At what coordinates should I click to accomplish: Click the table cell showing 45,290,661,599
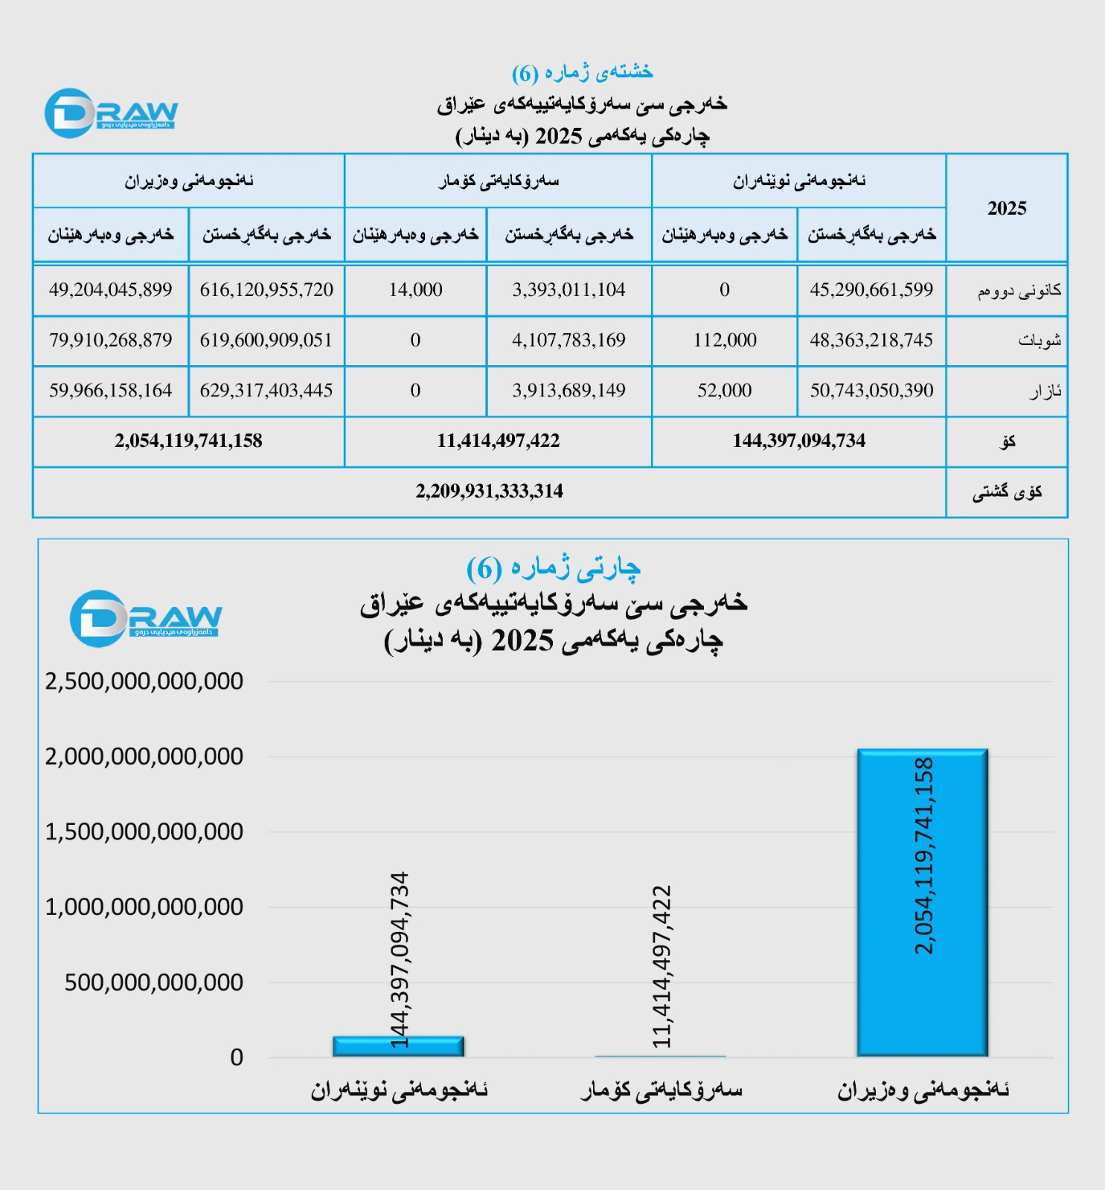[x=871, y=290]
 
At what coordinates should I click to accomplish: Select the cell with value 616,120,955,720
[x=266, y=290]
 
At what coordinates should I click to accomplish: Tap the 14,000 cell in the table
[x=415, y=290]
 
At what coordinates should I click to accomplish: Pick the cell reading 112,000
[x=725, y=341]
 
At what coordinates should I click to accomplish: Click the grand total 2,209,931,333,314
[x=489, y=492]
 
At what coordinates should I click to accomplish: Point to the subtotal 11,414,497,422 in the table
[x=498, y=441]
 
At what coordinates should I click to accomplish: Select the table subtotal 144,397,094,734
[x=798, y=441]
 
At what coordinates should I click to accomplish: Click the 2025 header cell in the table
[x=1007, y=208]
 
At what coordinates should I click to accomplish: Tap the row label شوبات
[x=1039, y=341]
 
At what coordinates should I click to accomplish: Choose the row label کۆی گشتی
[x=1007, y=492]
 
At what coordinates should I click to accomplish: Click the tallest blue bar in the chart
[x=923, y=901]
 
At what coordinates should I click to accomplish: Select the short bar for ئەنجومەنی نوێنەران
[x=398, y=1046]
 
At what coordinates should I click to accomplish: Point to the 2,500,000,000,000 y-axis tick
[x=144, y=681]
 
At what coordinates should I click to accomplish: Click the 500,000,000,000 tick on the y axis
[x=154, y=982]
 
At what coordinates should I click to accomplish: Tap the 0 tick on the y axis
[x=237, y=1058]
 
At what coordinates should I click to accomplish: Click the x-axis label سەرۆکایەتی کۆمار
[x=661, y=1090]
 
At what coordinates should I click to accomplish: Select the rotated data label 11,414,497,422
[x=661, y=967]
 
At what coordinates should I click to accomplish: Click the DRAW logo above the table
[x=111, y=113]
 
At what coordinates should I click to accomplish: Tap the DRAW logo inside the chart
[x=145, y=617]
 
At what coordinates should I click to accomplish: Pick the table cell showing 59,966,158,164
[x=111, y=391]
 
